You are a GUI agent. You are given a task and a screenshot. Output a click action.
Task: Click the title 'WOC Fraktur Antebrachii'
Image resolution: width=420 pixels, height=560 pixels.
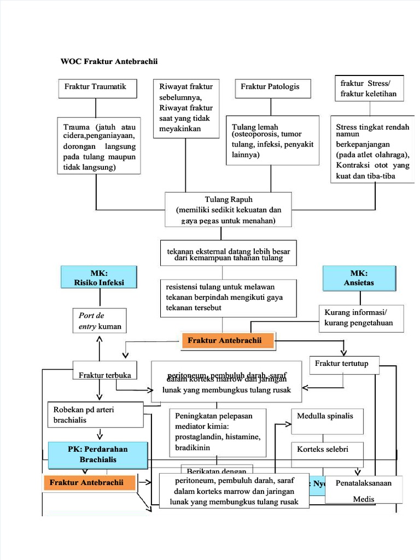tap(109, 61)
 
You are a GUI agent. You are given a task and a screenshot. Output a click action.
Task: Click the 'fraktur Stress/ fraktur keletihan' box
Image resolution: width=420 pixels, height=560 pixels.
tap(369, 88)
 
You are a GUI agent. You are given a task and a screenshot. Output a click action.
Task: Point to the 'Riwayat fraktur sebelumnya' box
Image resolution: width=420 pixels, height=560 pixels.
tap(186, 108)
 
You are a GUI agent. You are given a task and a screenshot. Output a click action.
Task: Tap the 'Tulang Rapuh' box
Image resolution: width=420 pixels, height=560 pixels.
tap(229, 209)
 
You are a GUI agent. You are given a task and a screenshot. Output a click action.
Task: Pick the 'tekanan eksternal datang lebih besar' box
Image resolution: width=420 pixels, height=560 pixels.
tap(229, 254)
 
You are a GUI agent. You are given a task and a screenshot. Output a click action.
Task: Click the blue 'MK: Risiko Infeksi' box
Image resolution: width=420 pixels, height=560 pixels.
tap(100, 277)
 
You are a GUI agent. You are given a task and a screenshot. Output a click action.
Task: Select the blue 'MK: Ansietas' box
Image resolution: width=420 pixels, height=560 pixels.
tap(359, 277)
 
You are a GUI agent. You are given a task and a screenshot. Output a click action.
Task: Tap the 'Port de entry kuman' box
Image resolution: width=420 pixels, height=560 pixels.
tap(99, 321)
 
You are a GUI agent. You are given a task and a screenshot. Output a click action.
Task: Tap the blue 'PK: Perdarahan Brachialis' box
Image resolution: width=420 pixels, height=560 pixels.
tap(98, 455)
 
